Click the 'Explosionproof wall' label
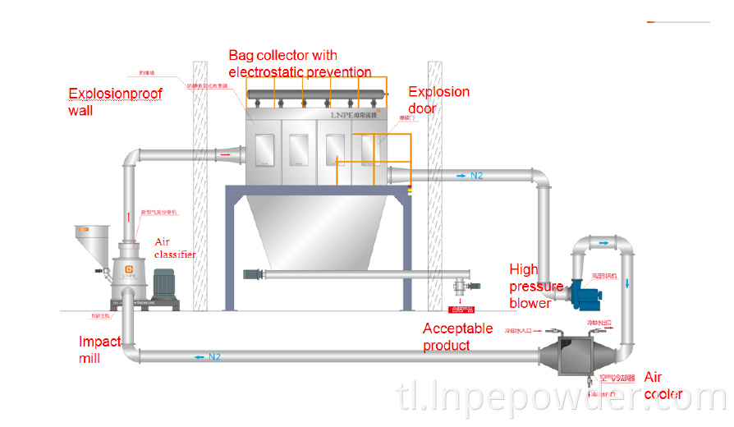(114, 102)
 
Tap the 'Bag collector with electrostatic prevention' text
(300, 63)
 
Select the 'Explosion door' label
(438, 99)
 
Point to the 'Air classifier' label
(175, 248)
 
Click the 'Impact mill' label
(99, 349)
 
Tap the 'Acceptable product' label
(457, 337)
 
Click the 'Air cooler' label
(663, 385)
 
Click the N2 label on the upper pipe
(476, 176)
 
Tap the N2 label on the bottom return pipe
(214, 356)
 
